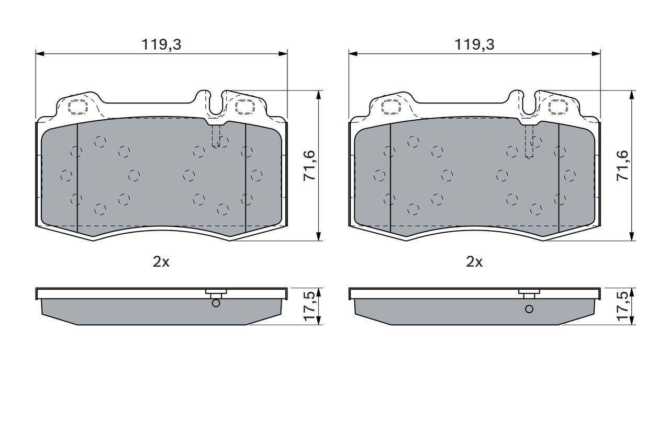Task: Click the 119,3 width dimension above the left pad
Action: click(161, 45)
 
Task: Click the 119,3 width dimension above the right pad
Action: click(474, 45)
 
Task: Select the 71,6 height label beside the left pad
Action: click(309, 166)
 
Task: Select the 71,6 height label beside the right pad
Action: click(622, 166)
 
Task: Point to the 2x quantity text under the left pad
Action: click(161, 262)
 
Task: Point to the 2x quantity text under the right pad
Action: click(474, 262)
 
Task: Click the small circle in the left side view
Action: click(216, 303)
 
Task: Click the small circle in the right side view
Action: click(529, 308)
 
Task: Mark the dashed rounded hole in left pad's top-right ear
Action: click(244, 107)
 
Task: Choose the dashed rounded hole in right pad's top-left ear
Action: click(391, 107)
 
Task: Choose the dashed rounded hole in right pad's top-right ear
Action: click(557, 107)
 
